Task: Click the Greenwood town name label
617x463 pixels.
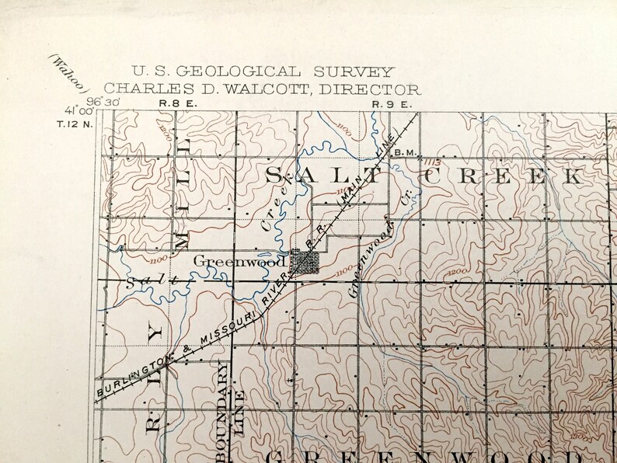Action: [225, 260]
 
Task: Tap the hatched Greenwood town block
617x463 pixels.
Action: [303, 262]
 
